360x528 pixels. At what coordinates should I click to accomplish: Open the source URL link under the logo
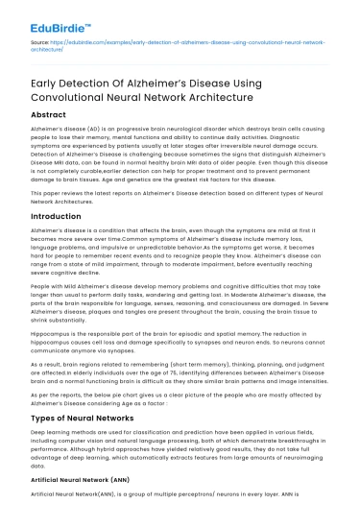192,44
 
